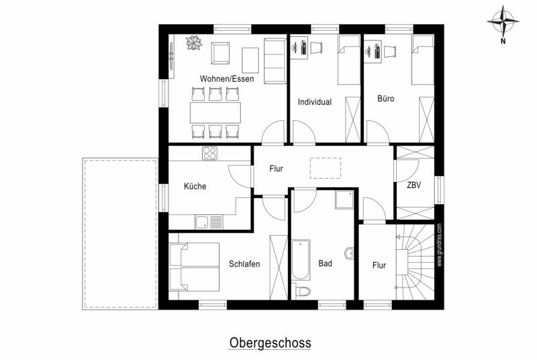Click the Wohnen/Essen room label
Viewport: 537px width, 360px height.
[x=227, y=79]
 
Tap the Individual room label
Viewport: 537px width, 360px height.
[x=315, y=101]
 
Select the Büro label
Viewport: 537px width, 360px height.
[x=385, y=98]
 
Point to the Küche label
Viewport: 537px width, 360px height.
[x=195, y=186]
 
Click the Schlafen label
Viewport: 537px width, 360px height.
[x=244, y=264]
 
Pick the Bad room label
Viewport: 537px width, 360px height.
[x=325, y=263]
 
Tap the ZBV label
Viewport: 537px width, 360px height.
[x=413, y=185]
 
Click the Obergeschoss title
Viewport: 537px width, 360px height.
[x=270, y=343]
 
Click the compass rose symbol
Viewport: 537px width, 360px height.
[x=503, y=21]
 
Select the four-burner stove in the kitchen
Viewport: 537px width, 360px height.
[x=209, y=153]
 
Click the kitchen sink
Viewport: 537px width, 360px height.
[x=209, y=222]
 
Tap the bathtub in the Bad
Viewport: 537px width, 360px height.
[x=301, y=260]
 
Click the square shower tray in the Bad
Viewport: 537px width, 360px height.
[x=344, y=199]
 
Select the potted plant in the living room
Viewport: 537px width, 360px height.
[x=194, y=44]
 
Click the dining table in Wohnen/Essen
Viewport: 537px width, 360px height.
[x=215, y=112]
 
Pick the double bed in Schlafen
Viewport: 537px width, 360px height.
[x=194, y=267]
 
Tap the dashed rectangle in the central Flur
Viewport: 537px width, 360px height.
[x=326, y=168]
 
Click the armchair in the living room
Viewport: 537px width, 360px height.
[x=220, y=53]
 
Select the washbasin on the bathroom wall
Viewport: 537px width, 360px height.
[x=349, y=254]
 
